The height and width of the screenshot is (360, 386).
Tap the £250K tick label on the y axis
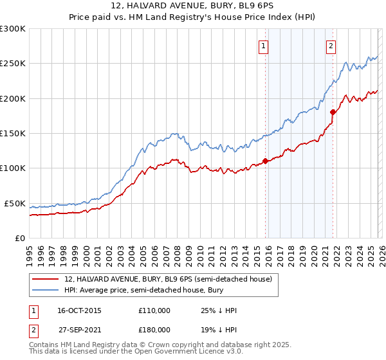click(x=13, y=64)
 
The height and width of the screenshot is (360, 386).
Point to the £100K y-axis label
click(x=13, y=168)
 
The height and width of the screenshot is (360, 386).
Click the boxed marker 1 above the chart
click(x=264, y=46)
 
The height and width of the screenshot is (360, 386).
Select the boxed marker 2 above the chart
click(x=331, y=46)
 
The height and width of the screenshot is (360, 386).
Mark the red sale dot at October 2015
click(x=265, y=161)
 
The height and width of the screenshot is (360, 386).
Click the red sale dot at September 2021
click(x=333, y=112)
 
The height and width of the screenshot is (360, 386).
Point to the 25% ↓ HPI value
click(x=219, y=310)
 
